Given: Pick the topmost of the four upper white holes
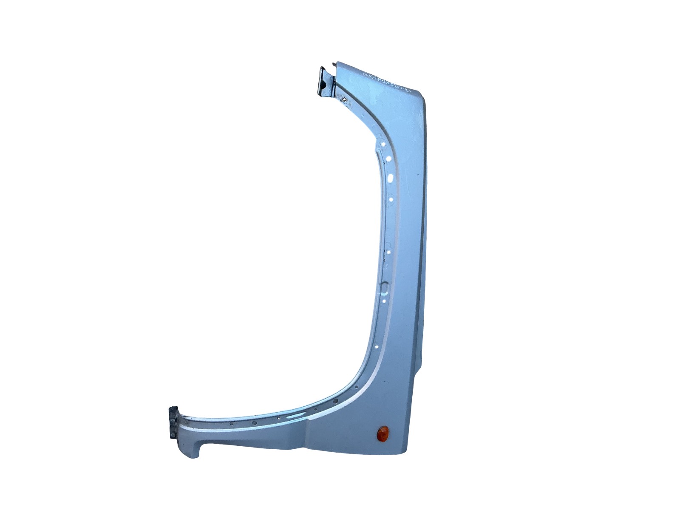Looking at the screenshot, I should point(382,144).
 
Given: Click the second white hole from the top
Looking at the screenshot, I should point(388,159).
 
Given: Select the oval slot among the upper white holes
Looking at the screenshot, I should point(391,177).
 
